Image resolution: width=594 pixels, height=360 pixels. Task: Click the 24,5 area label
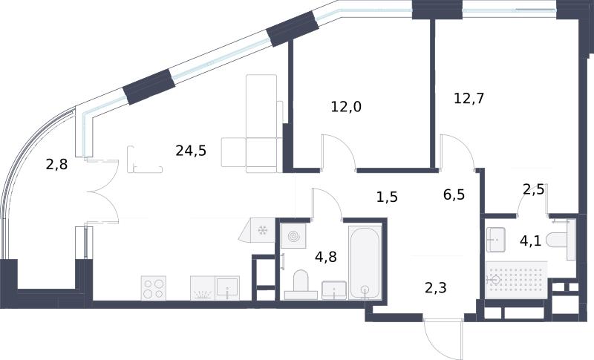191,151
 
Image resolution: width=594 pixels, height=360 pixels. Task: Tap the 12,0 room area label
346,107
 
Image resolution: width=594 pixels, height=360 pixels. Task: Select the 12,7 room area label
469,99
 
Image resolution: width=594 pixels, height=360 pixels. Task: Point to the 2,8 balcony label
57,165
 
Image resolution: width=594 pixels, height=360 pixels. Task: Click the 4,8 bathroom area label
326,257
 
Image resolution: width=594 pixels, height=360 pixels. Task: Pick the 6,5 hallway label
454,195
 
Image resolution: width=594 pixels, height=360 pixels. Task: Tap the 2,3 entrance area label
436,288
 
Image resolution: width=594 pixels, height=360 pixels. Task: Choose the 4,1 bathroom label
530,240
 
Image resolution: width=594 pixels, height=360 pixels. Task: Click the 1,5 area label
387,197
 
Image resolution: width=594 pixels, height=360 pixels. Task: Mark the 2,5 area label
533,189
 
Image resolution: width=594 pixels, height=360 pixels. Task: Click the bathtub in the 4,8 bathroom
365,263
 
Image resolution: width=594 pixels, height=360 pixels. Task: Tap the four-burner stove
154,288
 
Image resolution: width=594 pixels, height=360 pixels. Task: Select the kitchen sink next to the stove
227,288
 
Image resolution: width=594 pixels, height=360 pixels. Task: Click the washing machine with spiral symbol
293,236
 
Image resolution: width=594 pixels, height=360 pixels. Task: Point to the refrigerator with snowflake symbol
257,231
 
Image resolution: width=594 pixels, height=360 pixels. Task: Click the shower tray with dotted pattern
516,280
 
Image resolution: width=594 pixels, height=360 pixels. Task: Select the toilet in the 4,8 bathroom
301,285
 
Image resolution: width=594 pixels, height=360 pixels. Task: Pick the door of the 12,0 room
339,151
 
